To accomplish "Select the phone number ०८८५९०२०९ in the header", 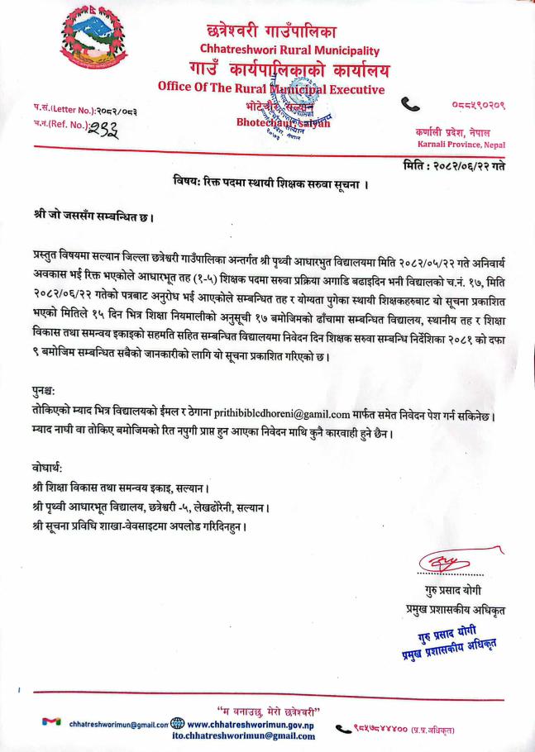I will coord(478,104).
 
